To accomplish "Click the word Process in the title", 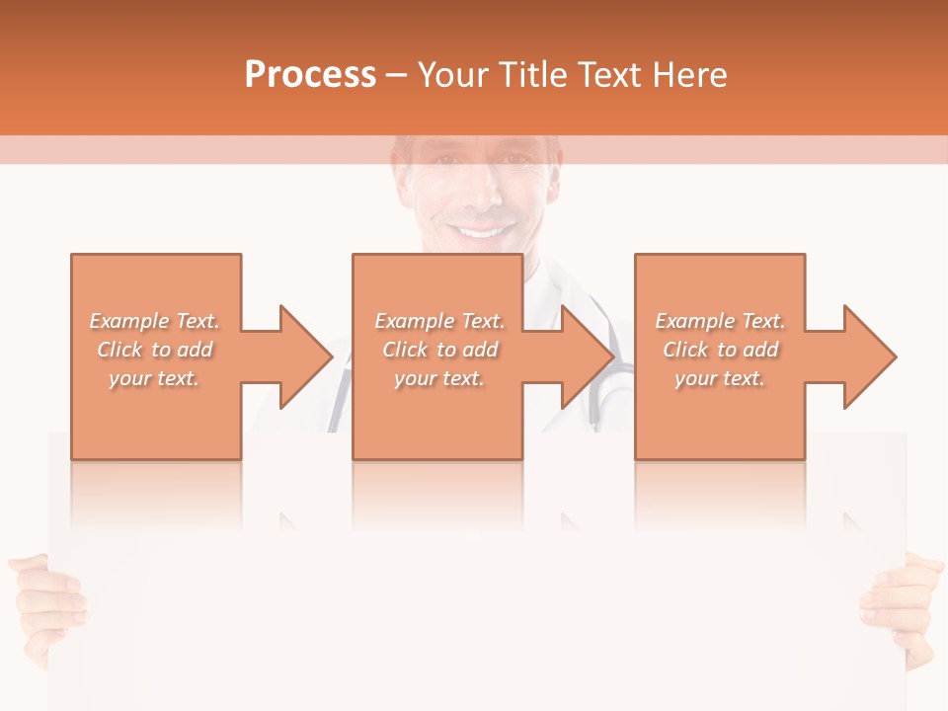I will pos(310,75).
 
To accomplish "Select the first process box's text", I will pos(155,350).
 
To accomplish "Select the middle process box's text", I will pos(439,350).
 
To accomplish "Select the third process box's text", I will pos(720,350).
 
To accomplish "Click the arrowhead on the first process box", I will pos(301,356).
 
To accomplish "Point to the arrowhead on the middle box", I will pos(584,356).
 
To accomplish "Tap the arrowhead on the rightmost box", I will pos(866,356).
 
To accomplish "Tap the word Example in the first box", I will pos(128,321).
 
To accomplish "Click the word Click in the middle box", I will pos(405,350).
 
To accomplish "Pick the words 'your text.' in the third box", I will pos(720,378).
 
